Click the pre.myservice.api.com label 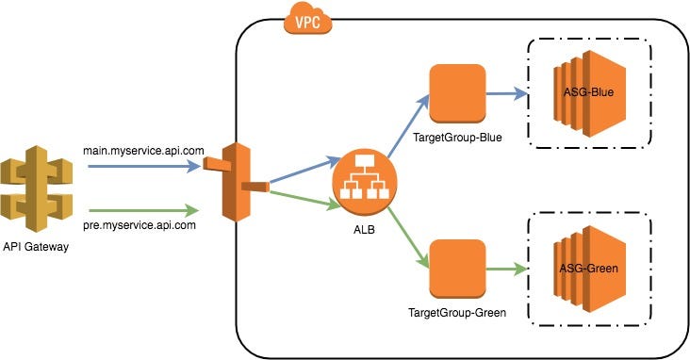click(x=141, y=225)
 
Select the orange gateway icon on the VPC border click(x=237, y=183)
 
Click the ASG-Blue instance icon click(x=578, y=93)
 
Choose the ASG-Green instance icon click(x=578, y=269)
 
